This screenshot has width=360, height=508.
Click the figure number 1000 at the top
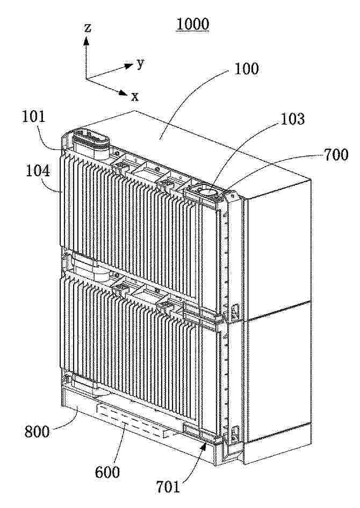pos(192,24)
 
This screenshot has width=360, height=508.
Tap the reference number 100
pos(246,69)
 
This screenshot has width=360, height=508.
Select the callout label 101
pos(34,117)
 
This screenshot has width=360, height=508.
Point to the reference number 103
pos(292,119)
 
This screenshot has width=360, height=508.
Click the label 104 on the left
pos(38,171)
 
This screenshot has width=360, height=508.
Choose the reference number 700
pos(336,155)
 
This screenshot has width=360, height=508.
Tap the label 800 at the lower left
pos(37,432)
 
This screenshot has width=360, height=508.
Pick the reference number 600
pos(107,472)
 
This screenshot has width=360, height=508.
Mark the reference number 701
pos(168,486)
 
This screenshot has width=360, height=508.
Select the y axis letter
pos(140,64)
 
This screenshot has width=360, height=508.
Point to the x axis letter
pos(135,97)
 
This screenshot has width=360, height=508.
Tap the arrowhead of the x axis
pos(122,92)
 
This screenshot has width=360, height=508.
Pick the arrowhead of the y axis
pos(128,66)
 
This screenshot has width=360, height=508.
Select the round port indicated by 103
pos(210,191)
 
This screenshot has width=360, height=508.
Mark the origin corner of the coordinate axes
pos(86,78)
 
